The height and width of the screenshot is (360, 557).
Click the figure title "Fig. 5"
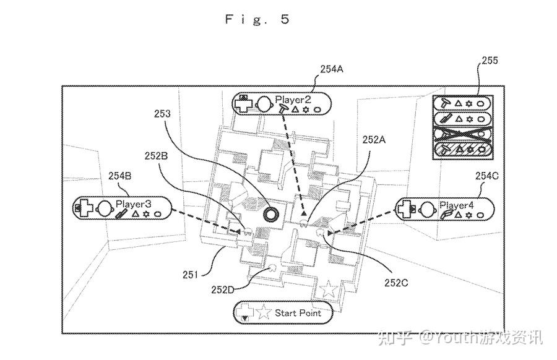click(x=257, y=19)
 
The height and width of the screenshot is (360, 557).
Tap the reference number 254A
click(x=332, y=69)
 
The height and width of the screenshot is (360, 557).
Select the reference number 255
click(x=490, y=61)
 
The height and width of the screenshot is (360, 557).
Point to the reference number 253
click(x=162, y=114)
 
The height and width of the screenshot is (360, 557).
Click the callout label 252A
click(x=374, y=140)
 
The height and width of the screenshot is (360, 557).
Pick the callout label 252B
click(x=156, y=156)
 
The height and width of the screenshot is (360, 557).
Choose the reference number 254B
click(x=119, y=176)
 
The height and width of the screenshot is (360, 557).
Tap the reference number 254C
click(x=486, y=176)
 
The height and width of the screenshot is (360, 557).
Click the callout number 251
click(x=190, y=275)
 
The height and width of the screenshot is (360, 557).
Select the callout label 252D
click(x=223, y=289)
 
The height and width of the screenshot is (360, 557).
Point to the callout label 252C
click(x=396, y=283)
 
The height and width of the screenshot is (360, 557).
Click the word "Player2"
click(x=293, y=100)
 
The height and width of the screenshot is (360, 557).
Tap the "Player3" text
click(x=133, y=204)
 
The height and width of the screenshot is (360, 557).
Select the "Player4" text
click(x=457, y=205)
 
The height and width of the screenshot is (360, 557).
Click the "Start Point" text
click(x=298, y=313)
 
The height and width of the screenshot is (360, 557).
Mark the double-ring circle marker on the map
click(x=270, y=214)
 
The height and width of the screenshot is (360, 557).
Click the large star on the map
click(x=328, y=289)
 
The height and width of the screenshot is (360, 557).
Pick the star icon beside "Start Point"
click(x=263, y=312)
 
